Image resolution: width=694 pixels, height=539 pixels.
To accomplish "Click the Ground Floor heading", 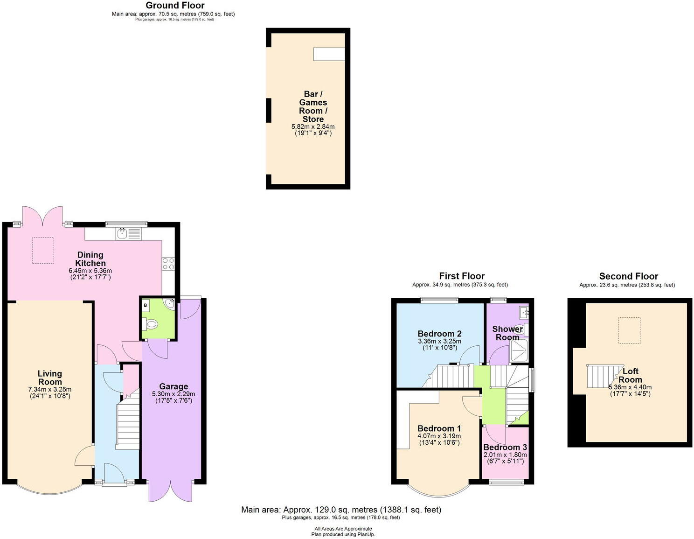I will [175, 6].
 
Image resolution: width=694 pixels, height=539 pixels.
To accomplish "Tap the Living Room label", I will [49, 378].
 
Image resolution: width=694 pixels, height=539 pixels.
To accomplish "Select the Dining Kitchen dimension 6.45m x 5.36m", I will [90, 271].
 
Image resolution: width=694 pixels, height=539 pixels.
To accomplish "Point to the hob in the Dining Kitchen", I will [168, 264].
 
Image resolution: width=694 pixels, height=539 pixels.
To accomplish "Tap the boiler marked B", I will [146, 306].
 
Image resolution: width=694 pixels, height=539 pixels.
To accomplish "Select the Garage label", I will [173, 386].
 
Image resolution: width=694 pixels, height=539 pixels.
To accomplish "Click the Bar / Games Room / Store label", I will [313, 107].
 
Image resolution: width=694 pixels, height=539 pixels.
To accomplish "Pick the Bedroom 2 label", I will [439, 334].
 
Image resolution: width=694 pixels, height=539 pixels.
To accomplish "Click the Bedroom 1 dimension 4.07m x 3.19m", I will [439, 436].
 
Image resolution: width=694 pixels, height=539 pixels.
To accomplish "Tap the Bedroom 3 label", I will [505, 448].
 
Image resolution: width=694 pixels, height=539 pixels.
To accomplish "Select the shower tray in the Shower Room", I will [519, 350].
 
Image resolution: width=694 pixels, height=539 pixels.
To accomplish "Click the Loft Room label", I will [630, 375].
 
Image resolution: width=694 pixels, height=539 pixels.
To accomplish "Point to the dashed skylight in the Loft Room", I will [629, 330].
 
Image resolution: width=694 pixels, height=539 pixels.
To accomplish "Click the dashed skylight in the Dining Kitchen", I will [43, 250].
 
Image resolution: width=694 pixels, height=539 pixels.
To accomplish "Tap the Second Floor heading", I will [628, 276].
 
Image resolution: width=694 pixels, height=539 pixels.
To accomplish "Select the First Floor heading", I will [462, 276].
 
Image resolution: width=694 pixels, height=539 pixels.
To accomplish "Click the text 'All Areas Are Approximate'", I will [343, 529].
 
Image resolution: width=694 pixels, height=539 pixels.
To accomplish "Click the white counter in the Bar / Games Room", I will [329, 54].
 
